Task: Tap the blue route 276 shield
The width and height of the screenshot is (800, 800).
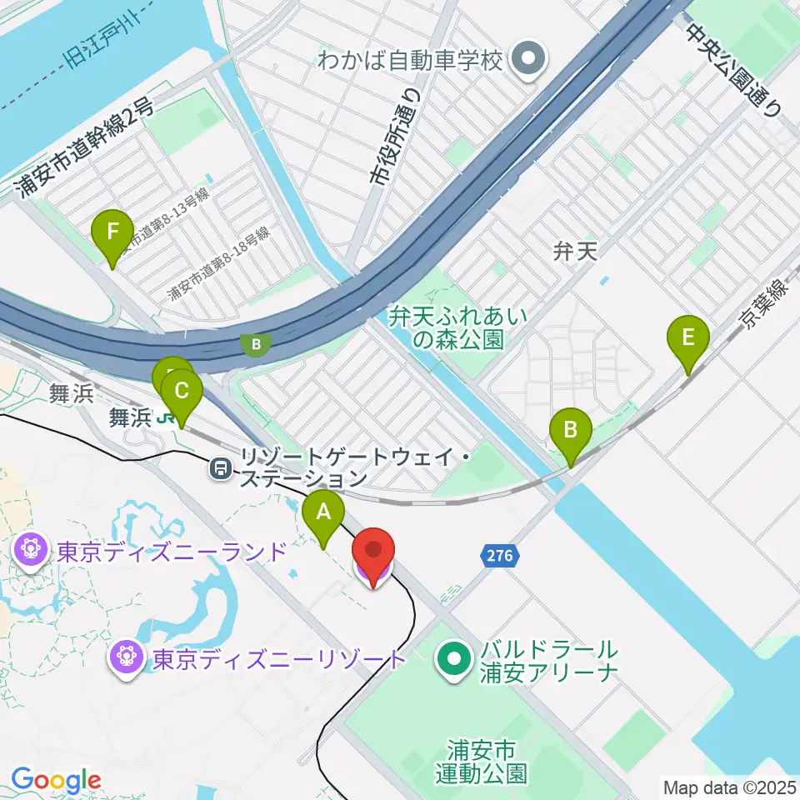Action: coord(502,555)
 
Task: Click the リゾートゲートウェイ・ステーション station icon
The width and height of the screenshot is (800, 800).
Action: coord(221,468)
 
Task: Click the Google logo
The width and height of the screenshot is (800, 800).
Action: coord(57,780)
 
